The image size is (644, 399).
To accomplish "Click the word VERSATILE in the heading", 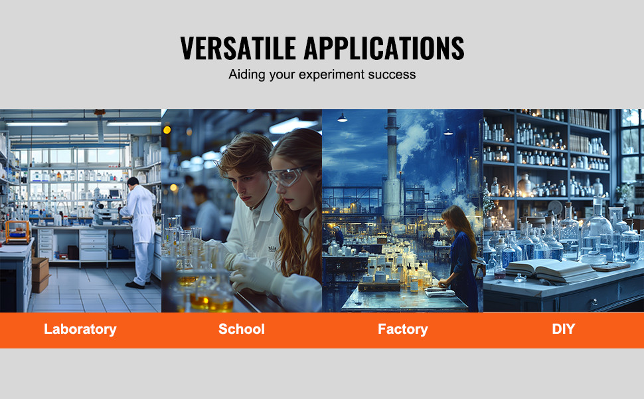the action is tap(238, 48).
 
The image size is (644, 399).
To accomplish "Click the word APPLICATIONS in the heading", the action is tap(384, 48).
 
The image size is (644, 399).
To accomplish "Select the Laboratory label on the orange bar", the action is tap(80, 329).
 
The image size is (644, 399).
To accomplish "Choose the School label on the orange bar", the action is tap(242, 329).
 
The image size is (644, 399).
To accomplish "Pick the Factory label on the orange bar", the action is tap(402, 329).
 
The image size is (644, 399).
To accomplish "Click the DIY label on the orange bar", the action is tap(563, 329).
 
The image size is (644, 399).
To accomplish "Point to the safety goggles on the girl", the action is tap(286, 176).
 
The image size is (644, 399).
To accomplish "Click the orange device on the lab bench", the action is tap(17, 231).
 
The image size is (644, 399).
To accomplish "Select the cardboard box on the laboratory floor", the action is tap(40, 275).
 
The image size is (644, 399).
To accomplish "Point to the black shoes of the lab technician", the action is tap(135, 285).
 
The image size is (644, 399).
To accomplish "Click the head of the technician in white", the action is tap(133, 182).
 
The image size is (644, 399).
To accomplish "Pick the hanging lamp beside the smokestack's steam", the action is tap(448, 132).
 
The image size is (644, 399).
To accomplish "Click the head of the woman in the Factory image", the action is tap(454, 219).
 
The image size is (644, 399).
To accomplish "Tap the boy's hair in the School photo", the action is tap(242, 152).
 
